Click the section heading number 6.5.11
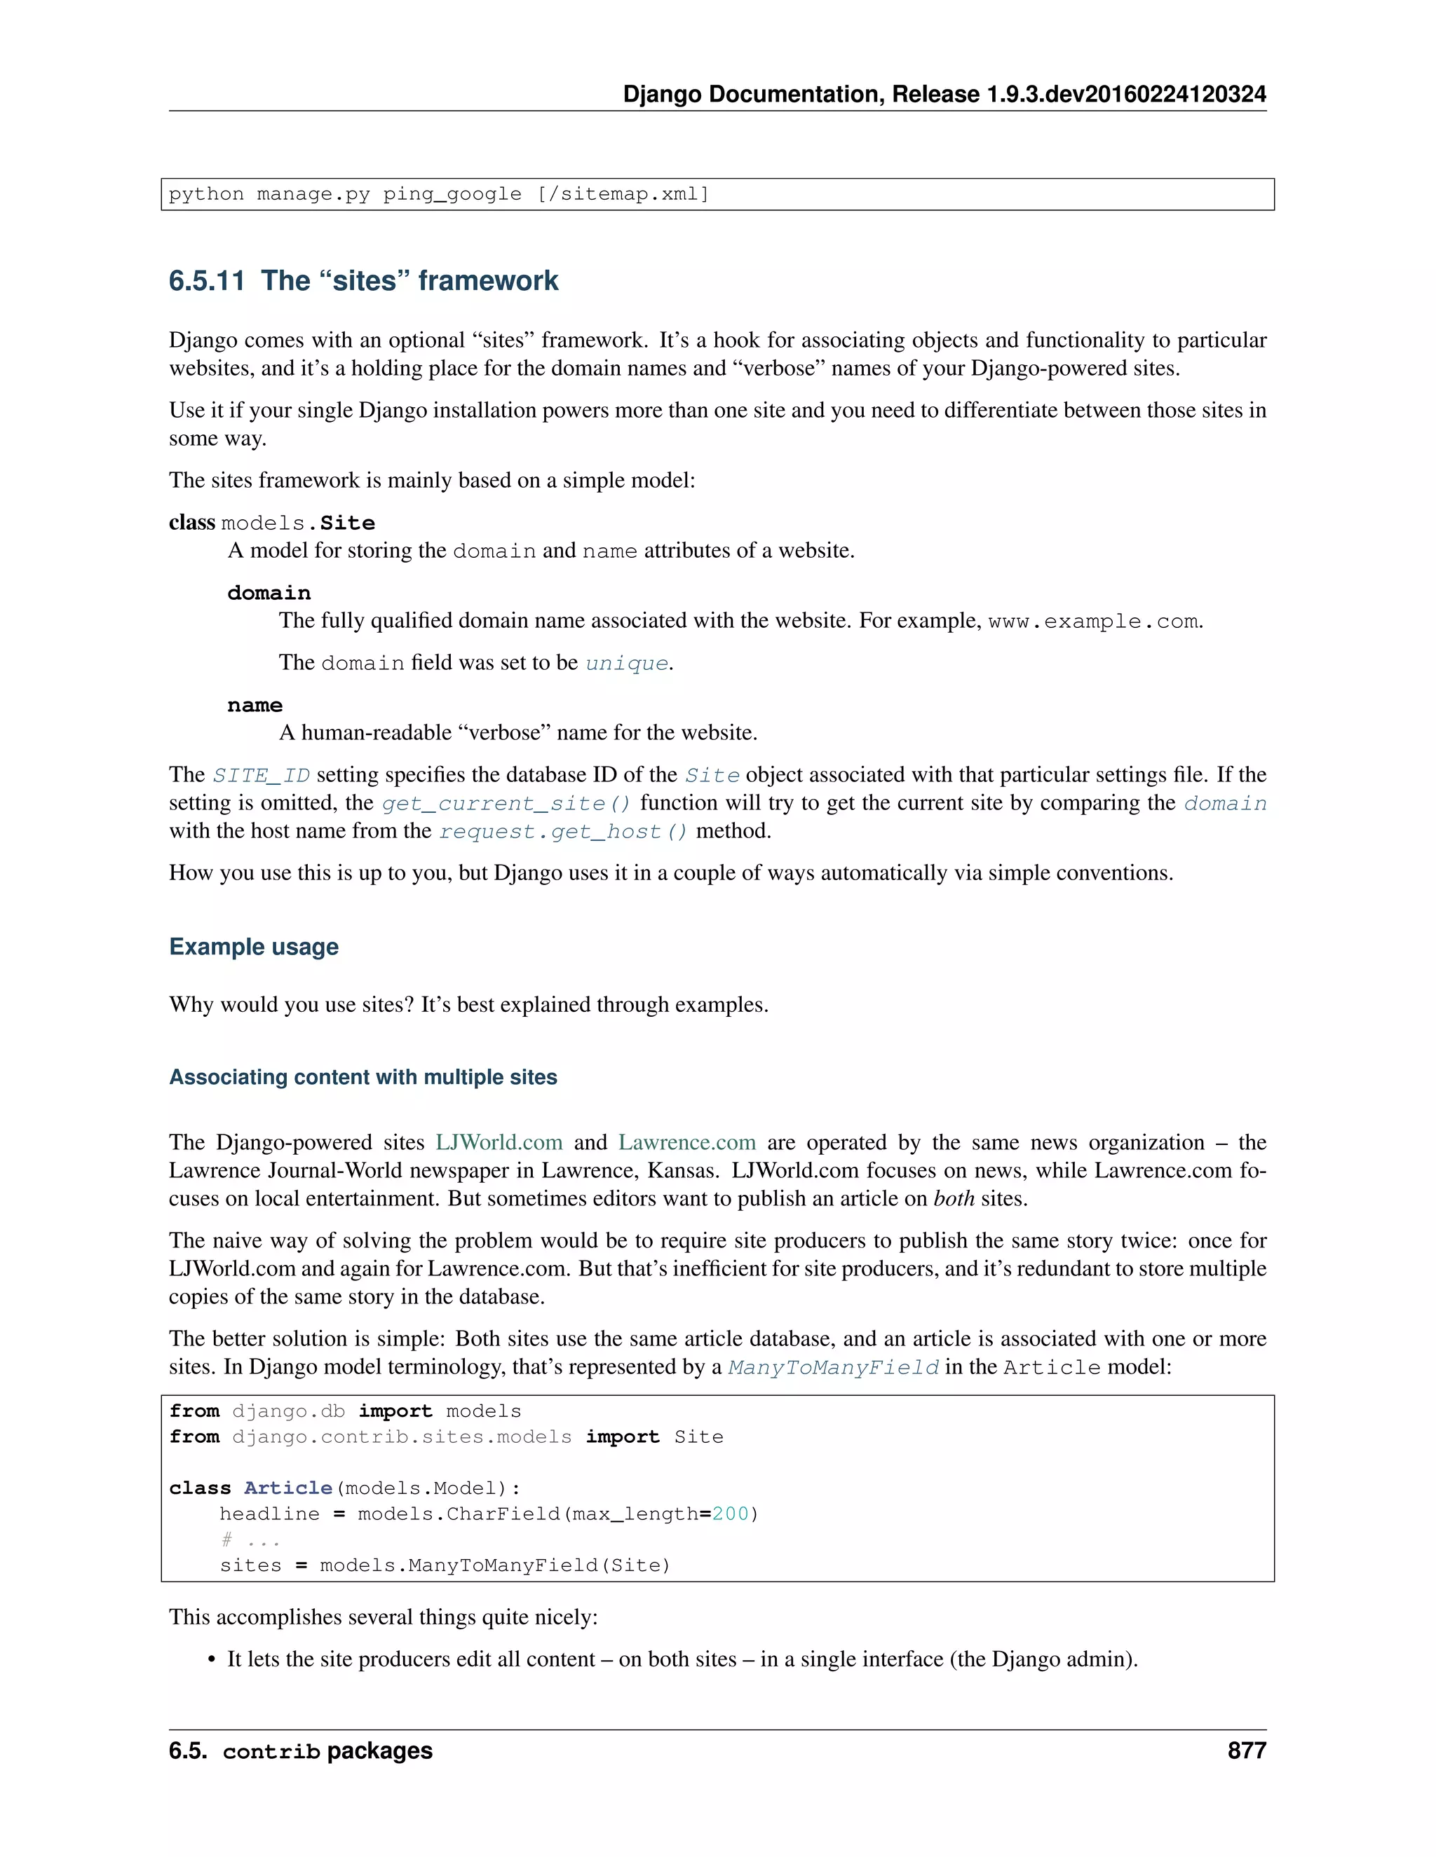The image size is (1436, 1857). [x=207, y=280]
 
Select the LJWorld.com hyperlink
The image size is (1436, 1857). [x=499, y=1142]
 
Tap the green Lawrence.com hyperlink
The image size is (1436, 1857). [x=686, y=1142]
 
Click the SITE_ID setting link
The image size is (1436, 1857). [x=261, y=776]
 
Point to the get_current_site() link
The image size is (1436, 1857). [x=506, y=804]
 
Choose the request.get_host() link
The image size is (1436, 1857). [x=563, y=832]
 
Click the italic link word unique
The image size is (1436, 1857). [x=627, y=663]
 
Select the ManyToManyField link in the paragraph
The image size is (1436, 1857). [x=834, y=1367]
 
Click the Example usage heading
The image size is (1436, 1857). [x=254, y=946]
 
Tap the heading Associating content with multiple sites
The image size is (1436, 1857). [x=363, y=1077]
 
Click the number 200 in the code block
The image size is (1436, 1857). [x=730, y=1514]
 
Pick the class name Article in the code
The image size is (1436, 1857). [x=287, y=1488]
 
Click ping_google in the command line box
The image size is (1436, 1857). [x=452, y=194]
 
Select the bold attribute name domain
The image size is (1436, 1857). [x=269, y=593]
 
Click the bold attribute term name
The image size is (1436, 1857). [x=255, y=705]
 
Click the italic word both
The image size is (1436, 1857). [x=954, y=1199]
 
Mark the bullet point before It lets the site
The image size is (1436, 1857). [x=212, y=1659]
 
